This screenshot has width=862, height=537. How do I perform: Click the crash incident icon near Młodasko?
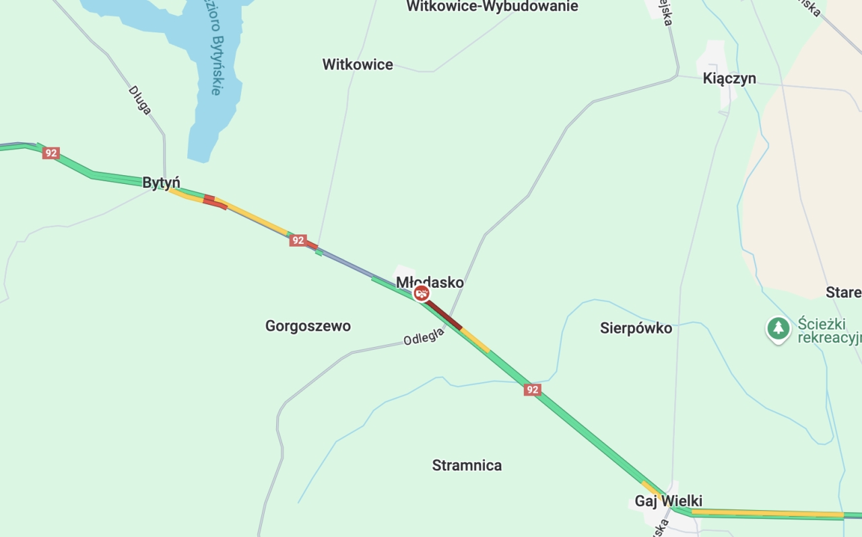click(422, 293)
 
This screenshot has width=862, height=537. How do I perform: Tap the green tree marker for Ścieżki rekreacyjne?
click(778, 329)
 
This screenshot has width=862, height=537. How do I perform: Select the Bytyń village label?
click(161, 183)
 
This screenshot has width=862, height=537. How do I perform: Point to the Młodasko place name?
click(430, 282)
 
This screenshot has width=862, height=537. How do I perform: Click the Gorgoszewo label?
click(308, 326)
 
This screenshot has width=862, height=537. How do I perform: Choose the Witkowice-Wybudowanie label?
click(492, 7)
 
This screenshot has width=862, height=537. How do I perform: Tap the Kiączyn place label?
click(729, 78)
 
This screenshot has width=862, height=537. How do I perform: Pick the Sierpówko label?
click(636, 328)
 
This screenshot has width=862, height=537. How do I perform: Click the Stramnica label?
click(467, 466)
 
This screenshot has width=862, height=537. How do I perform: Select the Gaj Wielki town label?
click(668, 501)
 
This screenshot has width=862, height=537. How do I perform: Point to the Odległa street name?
click(424, 336)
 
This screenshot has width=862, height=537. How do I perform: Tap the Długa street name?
click(140, 100)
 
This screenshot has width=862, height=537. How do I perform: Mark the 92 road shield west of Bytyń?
click(51, 153)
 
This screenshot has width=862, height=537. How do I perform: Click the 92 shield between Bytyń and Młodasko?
click(298, 241)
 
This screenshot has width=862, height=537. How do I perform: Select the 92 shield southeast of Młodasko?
click(532, 390)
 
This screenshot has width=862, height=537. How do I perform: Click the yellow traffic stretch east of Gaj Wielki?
click(768, 513)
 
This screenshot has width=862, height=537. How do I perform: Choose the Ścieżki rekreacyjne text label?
click(829, 330)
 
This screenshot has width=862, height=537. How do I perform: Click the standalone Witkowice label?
click(358, 65)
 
